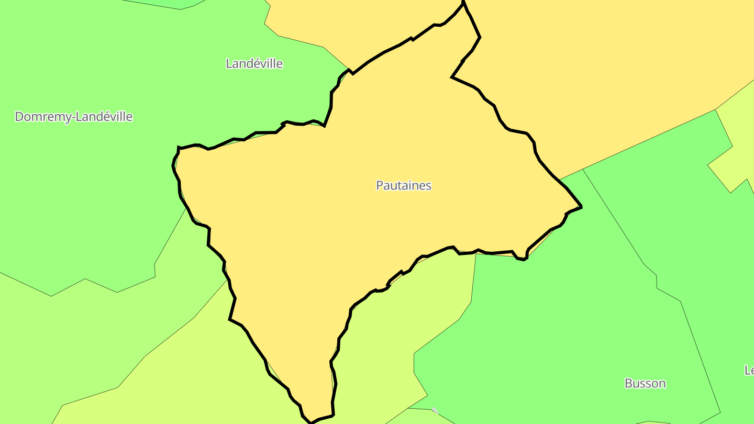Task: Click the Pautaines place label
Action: (404, 185)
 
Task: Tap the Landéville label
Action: (254, 64)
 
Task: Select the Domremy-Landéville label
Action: (73, 117)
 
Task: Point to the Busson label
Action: (645, 383)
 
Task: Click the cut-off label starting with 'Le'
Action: (749, 370)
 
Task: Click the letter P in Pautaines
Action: (380, 185)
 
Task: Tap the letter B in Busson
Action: (628, 383)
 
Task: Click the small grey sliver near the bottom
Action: (435, 410)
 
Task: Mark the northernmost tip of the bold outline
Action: (463, 3)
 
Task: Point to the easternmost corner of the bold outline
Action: (581, 207)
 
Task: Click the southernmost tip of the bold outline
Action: (312, 422)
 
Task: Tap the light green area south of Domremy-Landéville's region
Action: (105, 335)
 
